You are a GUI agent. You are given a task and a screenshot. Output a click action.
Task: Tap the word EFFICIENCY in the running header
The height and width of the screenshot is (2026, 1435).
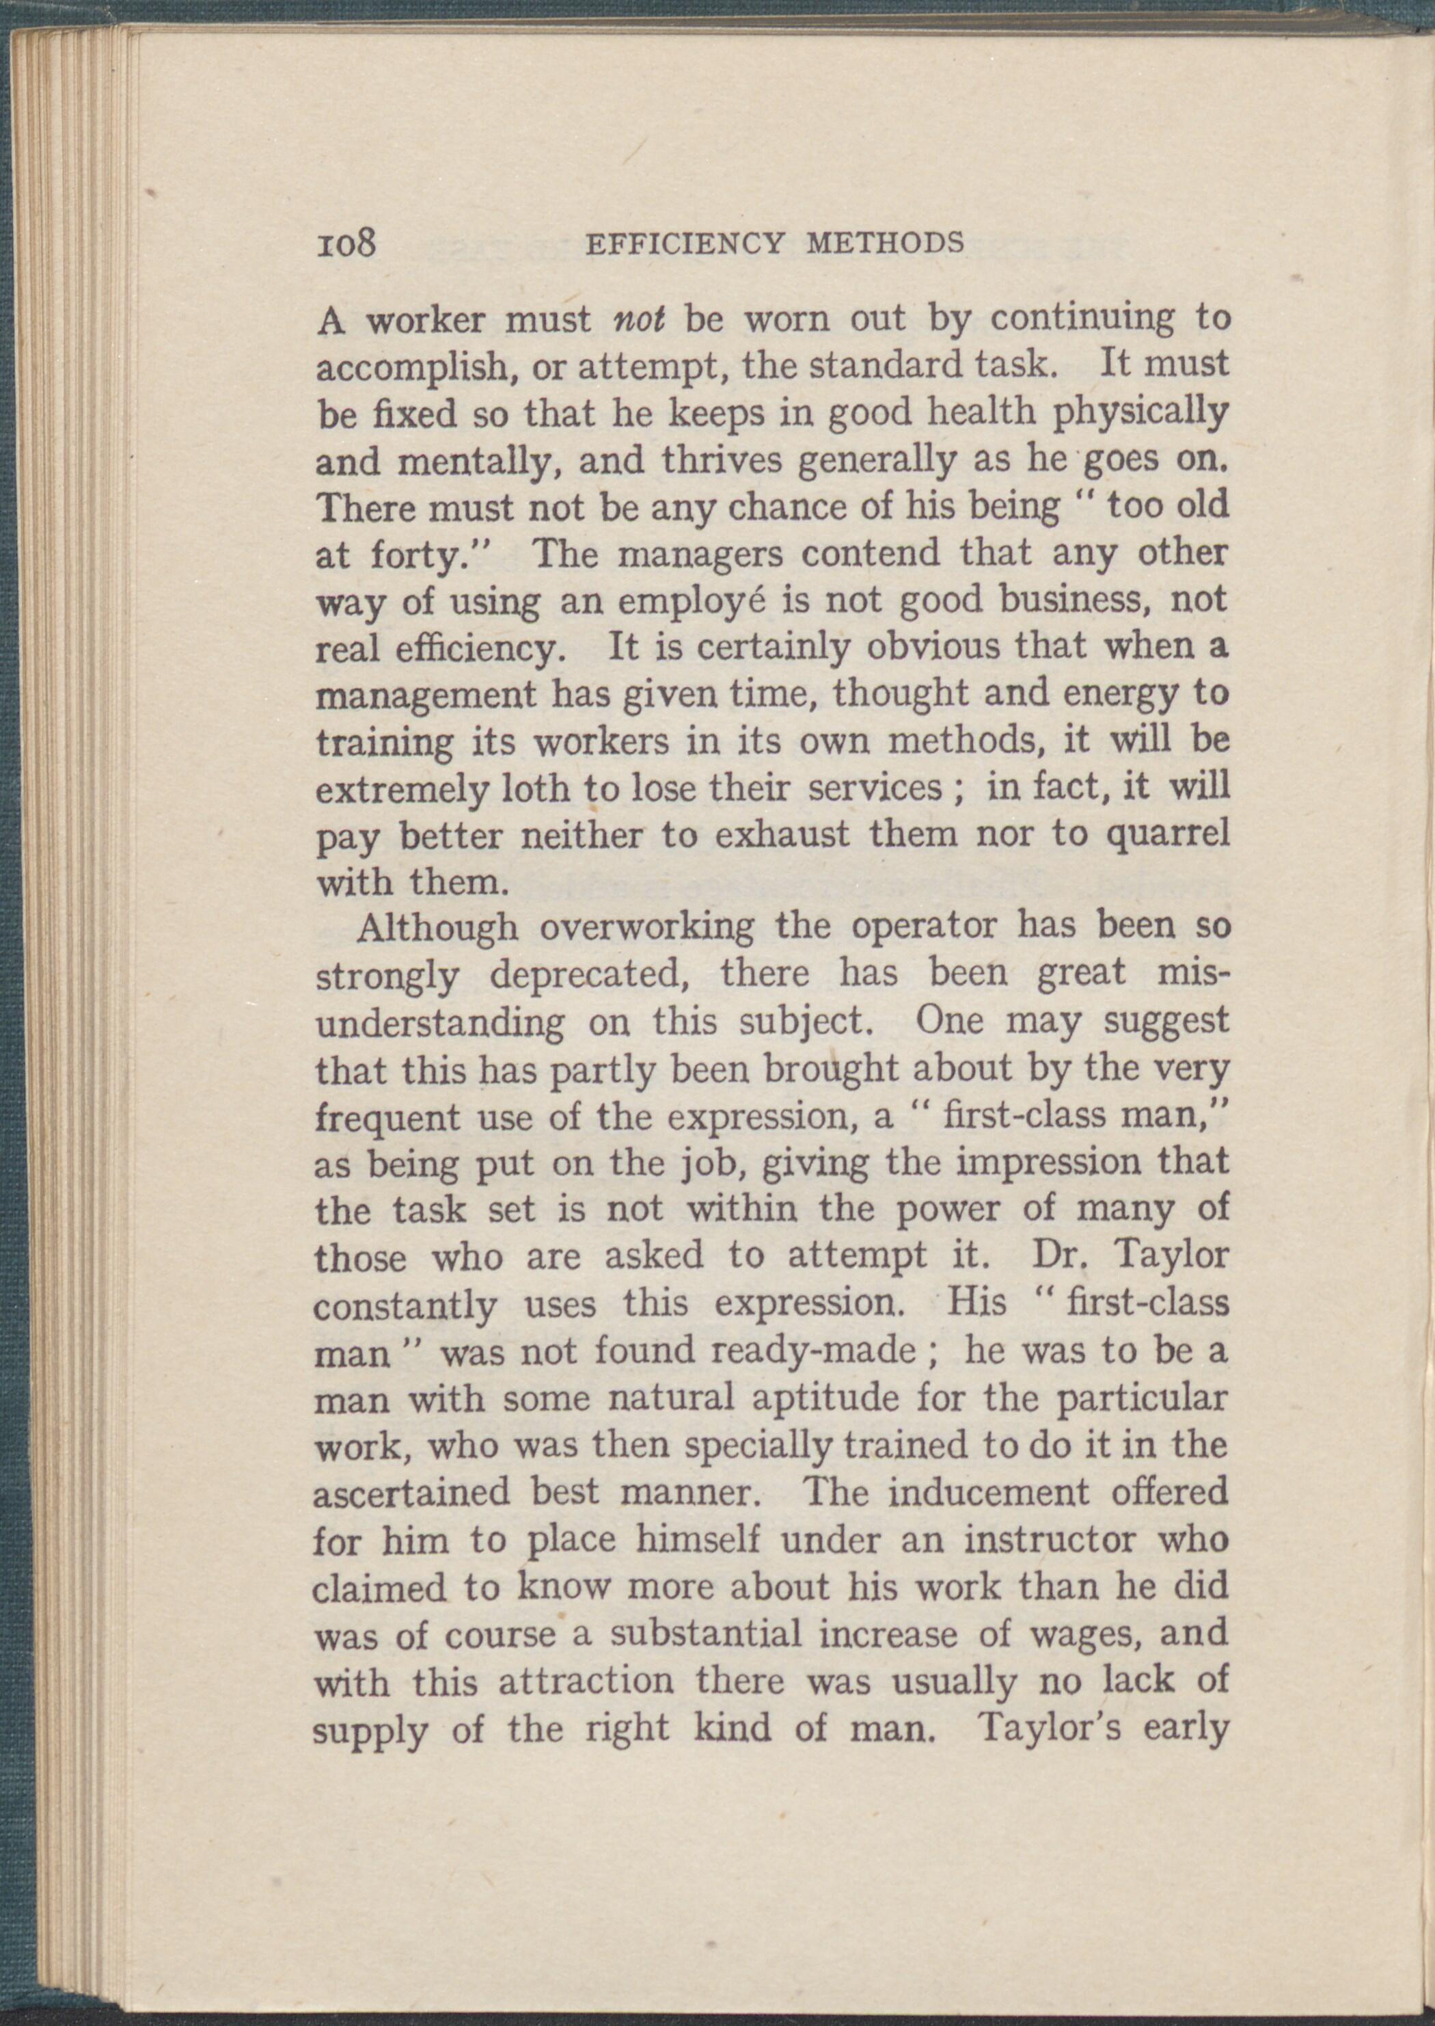(685, 242)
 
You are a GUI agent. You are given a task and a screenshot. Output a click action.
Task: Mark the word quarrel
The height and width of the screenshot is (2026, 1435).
(1167, 836)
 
